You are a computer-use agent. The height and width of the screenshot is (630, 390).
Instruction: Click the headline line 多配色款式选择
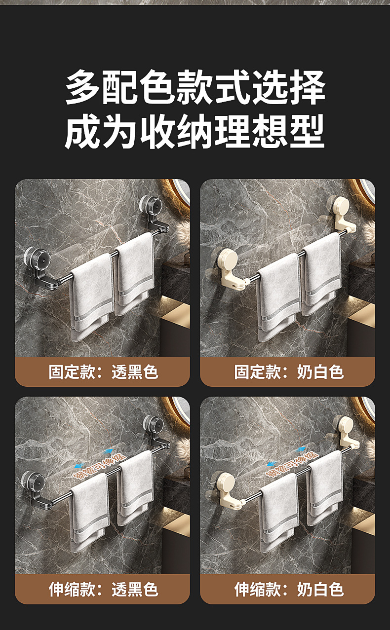pyautogui.click(x=195, y=88)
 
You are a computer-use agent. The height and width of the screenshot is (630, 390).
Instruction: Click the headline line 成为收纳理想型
pyautogui.click(x=195, y=132)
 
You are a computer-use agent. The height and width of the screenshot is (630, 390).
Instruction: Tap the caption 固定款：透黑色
pyautogui.click(x=103, y=371)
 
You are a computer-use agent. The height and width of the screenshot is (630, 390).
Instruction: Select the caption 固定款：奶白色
pyautogui.click(x=288, y=371)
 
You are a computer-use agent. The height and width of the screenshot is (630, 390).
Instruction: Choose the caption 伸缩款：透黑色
pyautogui.click(x=103, y=589)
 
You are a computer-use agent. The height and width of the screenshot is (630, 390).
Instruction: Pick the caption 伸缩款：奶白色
pyautogui.click(x=288, y=589)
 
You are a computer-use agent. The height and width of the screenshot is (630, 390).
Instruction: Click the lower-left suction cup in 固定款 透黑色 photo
pyautogui.click(x=35, y=258)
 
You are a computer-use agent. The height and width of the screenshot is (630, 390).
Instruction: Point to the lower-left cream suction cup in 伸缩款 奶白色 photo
pyautogui.click(x=221, y=482)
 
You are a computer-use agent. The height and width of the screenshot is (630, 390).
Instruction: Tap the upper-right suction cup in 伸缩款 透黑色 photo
pyautogui.click(x=155, y=425)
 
